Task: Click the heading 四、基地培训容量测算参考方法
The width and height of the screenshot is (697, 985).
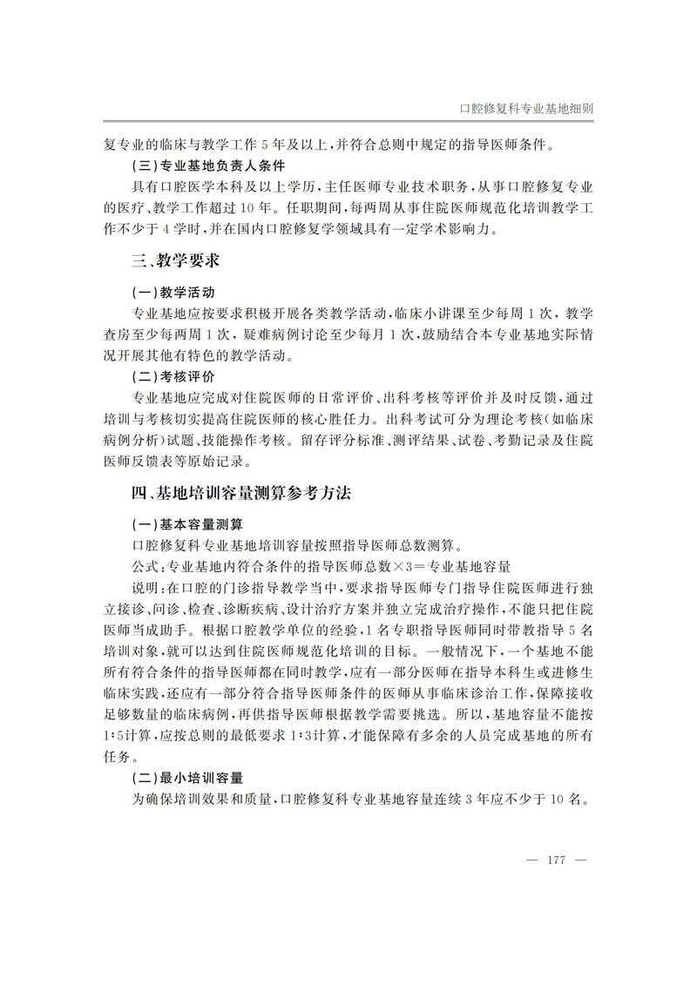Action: tap(240, 493)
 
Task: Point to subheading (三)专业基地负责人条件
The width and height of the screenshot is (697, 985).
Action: tap(205, 165)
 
